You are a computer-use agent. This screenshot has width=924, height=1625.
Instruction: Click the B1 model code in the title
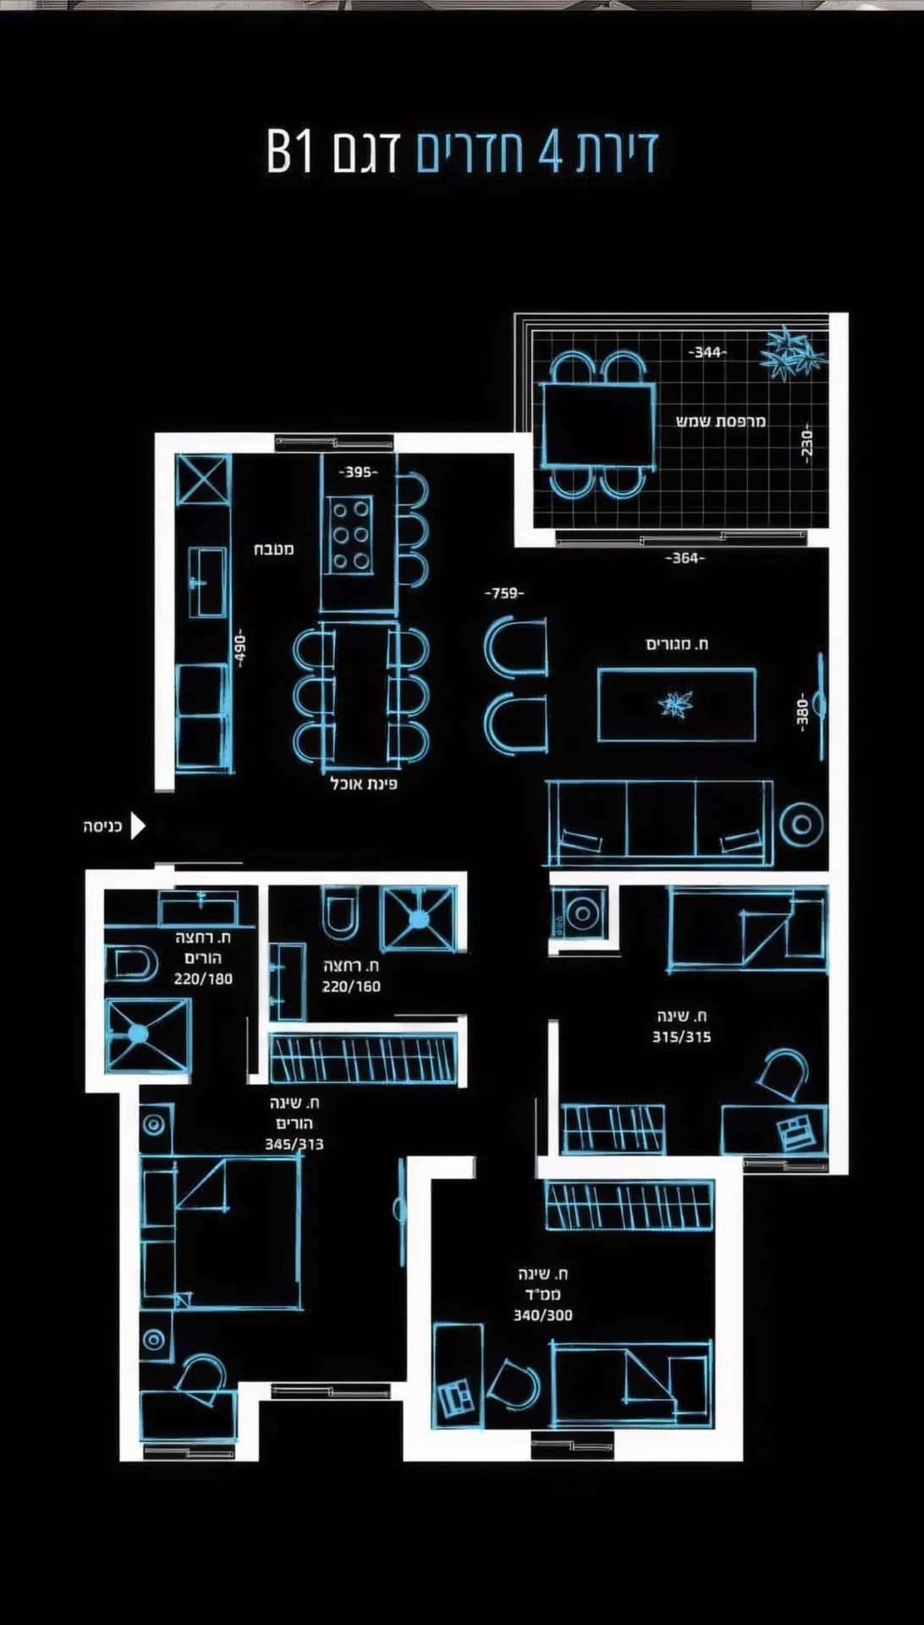290,152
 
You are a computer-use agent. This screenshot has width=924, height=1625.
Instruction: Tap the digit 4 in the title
550,152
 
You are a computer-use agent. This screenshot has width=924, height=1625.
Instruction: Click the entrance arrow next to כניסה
138,825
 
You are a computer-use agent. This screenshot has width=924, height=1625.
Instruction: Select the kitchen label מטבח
274,549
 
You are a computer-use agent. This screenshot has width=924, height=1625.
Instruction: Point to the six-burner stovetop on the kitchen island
350,536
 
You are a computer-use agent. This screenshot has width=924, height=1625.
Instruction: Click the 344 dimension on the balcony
707,352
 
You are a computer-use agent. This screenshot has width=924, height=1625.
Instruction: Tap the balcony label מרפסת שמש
721,421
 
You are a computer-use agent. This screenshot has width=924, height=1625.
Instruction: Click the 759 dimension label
504,593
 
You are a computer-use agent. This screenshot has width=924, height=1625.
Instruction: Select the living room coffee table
677,704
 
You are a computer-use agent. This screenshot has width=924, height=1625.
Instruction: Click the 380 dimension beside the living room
802,712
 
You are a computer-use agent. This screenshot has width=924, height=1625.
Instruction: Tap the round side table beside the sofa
800,824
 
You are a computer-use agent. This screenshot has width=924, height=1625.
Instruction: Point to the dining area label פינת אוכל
364,784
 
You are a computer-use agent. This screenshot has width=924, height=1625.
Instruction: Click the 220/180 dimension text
203,979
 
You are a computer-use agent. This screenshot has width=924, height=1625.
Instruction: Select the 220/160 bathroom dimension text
351,986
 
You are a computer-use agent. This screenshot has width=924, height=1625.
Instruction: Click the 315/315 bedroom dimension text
682,1037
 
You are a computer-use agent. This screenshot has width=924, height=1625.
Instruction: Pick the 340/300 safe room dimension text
543,1315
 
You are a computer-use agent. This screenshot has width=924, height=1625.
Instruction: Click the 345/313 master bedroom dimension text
294,1144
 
